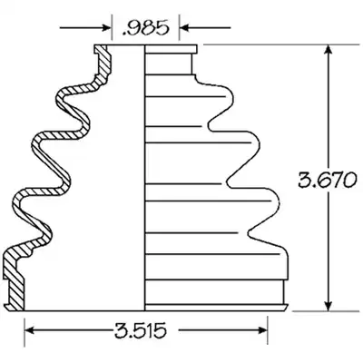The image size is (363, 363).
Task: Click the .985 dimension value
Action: (x=145, y=28)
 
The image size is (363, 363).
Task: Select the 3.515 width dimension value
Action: (x=141, y=330)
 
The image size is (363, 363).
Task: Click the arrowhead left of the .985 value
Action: (x=107, y=28)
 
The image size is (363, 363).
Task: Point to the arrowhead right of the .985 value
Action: (x=184, y=28)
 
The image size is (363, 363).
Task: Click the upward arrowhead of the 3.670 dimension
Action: (x=328, y=51)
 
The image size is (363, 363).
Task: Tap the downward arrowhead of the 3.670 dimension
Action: (x=328, y=305)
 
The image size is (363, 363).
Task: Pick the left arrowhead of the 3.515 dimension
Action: (x=29, y=330)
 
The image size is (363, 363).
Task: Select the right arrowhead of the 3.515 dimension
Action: (x=263, y=330)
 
